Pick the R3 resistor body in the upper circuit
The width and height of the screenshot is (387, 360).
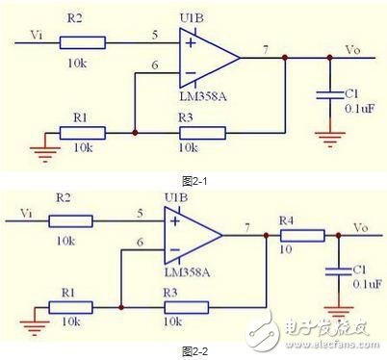click(200, 132)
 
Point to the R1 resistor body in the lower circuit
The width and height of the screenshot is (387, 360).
click(72, 308)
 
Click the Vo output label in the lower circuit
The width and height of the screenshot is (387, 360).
click(360, 227)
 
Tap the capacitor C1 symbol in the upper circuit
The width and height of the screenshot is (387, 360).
click(329, 94)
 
